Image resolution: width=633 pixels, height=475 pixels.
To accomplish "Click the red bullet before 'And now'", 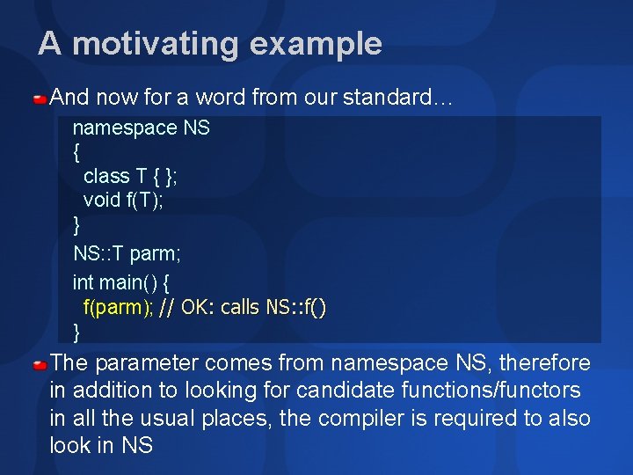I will click(x=40, y=98).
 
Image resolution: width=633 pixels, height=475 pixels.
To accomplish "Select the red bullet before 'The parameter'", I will click(x=40, y=363).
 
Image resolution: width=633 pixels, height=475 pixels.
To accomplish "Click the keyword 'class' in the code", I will click(x=106, y=176).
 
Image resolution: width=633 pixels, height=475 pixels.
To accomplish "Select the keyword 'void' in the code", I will click(x=102, y=200).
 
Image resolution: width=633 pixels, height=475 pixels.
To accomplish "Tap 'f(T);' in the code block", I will click(x=145, y=200).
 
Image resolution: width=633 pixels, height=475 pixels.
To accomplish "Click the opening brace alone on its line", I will click(x=76, y=151).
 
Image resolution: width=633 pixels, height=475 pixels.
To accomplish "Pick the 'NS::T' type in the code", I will click(x=98, y=254).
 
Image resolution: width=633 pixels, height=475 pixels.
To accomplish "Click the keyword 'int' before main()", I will click(x=83, y=282).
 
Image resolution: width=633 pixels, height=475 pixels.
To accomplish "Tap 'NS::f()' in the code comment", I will click(x=296, y=307).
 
